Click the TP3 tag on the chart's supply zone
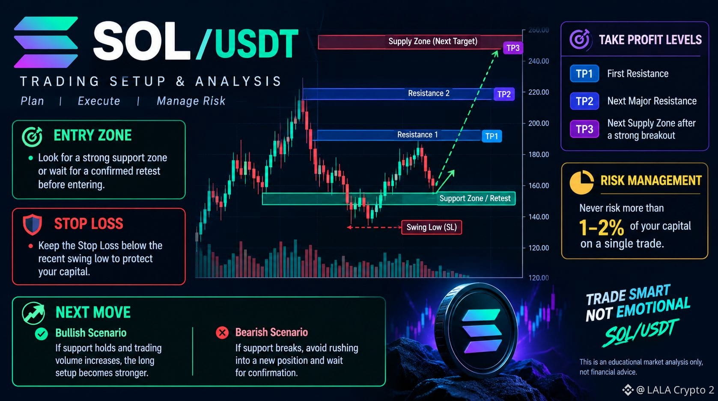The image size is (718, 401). (x=513, y=48)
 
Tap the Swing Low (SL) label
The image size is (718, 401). (x=432, y=227)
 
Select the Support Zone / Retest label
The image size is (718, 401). (x=476, y=198)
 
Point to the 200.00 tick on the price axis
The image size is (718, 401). (x=539, y=123)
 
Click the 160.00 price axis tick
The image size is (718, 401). (x=539, y=186)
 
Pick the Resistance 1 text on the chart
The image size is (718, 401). (x=417, y=135)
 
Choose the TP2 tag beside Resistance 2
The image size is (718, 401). (x=504, y=94)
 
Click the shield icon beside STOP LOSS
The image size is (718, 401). (x=33, y=224)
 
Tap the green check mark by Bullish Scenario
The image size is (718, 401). (x=42, y=334)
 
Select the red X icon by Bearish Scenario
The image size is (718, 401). (x=222, y=333)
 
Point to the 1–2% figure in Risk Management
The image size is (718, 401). (x=602, y=227)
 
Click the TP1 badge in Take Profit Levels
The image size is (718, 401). (x=584, y=74)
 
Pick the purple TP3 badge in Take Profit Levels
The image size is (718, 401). (x=584, y=129)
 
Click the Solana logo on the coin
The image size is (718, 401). (x=481, y=331)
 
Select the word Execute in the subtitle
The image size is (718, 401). (x=99, y=101)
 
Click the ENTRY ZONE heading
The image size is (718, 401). (x=92, y=136)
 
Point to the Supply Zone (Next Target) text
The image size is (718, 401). (x=433, y=41)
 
